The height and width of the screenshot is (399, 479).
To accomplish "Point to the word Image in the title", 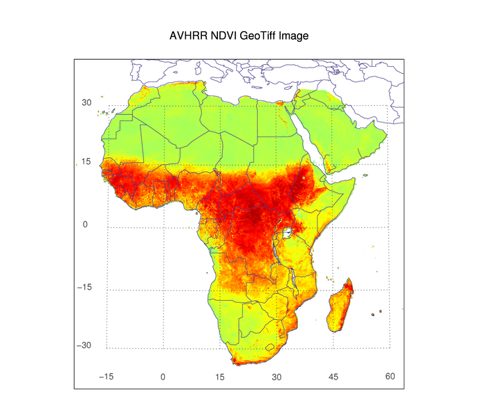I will (x=294, y=35).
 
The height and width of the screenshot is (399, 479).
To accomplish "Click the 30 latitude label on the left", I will (x=87, y=102).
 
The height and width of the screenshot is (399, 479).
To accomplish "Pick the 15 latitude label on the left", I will (x=87, y=162).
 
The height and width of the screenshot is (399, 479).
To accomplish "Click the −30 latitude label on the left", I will (x=85, y=345).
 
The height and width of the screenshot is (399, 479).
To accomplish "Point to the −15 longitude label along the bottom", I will (x=106, y=377).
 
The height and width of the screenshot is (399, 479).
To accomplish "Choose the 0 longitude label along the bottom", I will (x=163, y=377).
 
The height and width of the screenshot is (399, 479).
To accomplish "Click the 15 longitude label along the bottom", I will (x=219, y=377).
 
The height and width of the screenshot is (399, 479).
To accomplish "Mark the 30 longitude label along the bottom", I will (x=276, y=377).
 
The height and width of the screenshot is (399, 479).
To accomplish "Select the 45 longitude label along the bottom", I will (x=333, y=377).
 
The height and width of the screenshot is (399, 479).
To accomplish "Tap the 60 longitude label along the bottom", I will (x=390, y=376).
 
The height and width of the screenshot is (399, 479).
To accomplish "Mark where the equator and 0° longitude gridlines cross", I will (x=163, y=227).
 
